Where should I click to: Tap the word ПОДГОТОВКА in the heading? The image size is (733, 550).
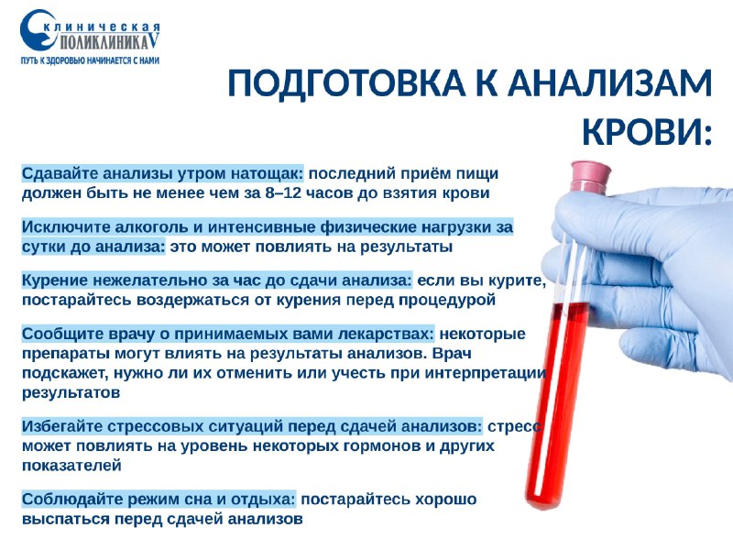tap(346, 82)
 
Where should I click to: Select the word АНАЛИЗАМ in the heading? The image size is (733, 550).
tap(609, 82)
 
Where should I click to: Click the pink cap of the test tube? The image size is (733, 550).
tap(591, 175)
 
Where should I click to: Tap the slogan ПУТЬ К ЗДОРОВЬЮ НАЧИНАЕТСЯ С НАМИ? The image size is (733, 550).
tap(90, 60)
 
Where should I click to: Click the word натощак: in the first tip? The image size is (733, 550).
tap(268, 173)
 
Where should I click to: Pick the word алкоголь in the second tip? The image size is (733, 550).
tap(151, 227)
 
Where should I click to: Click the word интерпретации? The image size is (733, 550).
tap(486, 374)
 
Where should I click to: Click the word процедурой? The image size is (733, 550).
tap(446, 300)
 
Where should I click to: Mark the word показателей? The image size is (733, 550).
tap(71, 466)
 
